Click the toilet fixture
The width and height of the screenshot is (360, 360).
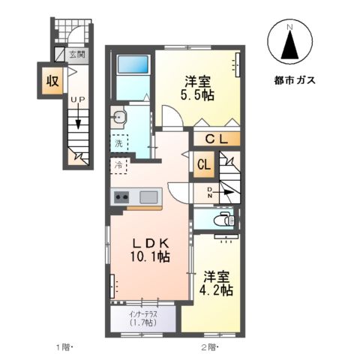222,219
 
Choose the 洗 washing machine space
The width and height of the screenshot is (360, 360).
118,142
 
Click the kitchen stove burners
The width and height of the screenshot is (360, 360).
121,197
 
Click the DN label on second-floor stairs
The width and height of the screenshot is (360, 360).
210,193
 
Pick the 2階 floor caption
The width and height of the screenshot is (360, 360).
208,347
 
